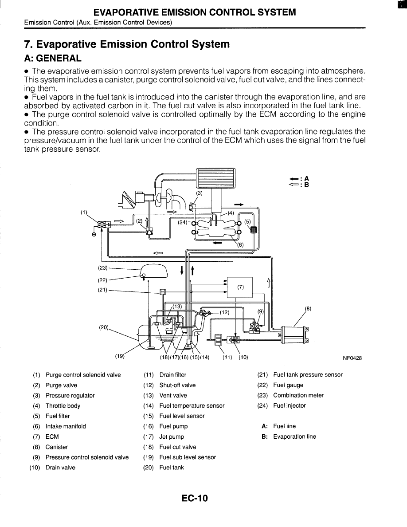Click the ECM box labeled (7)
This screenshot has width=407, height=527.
pyautogui.click(x=239, y=287)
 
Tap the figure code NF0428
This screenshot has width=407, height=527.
pyautogui.click(x=352, y=358)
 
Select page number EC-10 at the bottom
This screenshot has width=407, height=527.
pyautogui.click(x=195, y=498)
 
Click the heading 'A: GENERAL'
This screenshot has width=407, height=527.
pyautogui.click(x=53, y=58)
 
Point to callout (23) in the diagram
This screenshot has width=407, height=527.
pyautogui.click(x=102, y=268)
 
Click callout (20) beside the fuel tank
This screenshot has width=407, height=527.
pyautogui.click(x=104, y=327)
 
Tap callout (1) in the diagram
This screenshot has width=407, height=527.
pyautogui.click(x=84, y=212)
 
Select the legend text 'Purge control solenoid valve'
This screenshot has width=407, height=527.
pyautogui.click(x=83, y=375)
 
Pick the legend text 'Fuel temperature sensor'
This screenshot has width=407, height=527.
pyautogui.click(x=192, y=406)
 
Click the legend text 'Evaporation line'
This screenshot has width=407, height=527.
pyautogui.click(x=294, y=437)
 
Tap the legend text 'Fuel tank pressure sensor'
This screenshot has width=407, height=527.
pyautogui.click(x=308, y=375)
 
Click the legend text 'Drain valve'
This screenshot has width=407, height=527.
pyautogui.click(x=60, y=468)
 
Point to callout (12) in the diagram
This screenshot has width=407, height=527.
pyautogui.click(x=225, y=312)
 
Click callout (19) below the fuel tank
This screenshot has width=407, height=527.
pyautogui.click(x=119, y=356)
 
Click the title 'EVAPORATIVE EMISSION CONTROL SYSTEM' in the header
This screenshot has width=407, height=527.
pyautogui.click(x=195, y=12)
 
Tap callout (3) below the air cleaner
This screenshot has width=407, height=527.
pyautogui.click(x=200, y=193)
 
